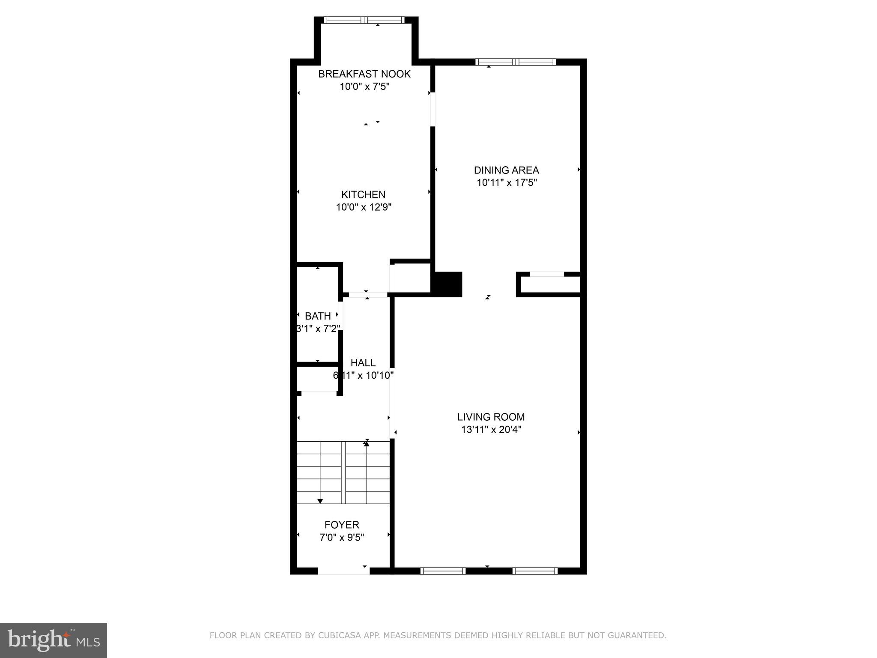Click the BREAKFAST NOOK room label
[x=364, y=74]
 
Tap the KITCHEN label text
[x=363, y=194]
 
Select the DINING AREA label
[x=506, y=170]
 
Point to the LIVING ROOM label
[x=491, y=417]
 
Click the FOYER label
[x=342, y=525]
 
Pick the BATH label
[x=318, y=316]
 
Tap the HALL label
[x=363, y=363]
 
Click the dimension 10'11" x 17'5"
[x=507, y=183]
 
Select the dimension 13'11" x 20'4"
[x=491, y=430]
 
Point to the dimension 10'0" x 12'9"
[x=364, y=207]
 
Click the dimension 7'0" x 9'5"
[x=342, y=538]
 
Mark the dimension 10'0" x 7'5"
[x=364, y=87]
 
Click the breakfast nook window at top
[x=364, y=20]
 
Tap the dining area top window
[x=516, y=62]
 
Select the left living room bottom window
[x=443, y=571]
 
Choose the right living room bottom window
[x=535, y=571]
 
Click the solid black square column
[x=448, y=284]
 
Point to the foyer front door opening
[x=343, y=571]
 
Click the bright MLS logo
[x=54, y=640]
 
